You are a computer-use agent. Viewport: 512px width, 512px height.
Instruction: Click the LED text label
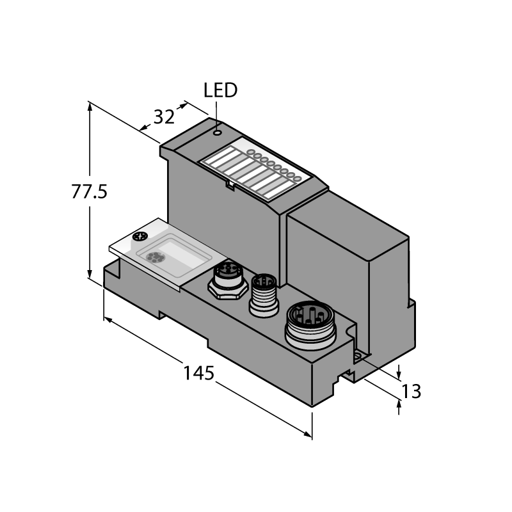click(x=220, y=90)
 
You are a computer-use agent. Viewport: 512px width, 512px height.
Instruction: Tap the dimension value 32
click(x=164, y=117)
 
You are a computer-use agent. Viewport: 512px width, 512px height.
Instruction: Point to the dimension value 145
click(x=199, y=373)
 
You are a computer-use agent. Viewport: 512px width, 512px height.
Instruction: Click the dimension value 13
click(x=411, y=392)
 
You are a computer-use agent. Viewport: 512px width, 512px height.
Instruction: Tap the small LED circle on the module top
click(x=217, y=132)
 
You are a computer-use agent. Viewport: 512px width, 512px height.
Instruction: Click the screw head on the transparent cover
click(x=140, y=237)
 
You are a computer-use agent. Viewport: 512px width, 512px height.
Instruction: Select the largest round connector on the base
click(x=310, y=325)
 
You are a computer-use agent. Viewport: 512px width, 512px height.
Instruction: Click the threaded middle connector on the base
click(x=264, y=295)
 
